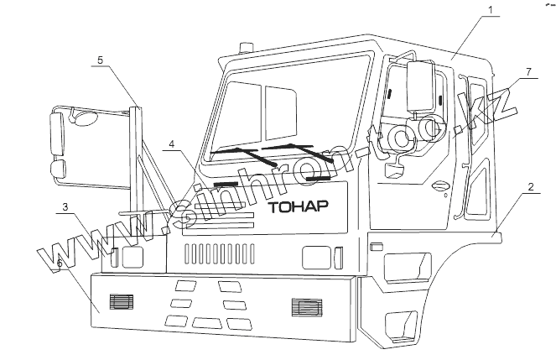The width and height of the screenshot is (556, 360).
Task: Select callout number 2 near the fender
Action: (532, 187)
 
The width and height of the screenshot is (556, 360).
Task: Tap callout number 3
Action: (65, 206)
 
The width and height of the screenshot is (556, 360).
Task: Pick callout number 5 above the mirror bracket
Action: (100, 60)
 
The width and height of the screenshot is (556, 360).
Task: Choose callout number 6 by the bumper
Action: (59, 263)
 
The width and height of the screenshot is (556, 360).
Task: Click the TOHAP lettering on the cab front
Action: (298, 206)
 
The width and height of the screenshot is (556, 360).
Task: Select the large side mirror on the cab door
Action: (418, 86)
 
